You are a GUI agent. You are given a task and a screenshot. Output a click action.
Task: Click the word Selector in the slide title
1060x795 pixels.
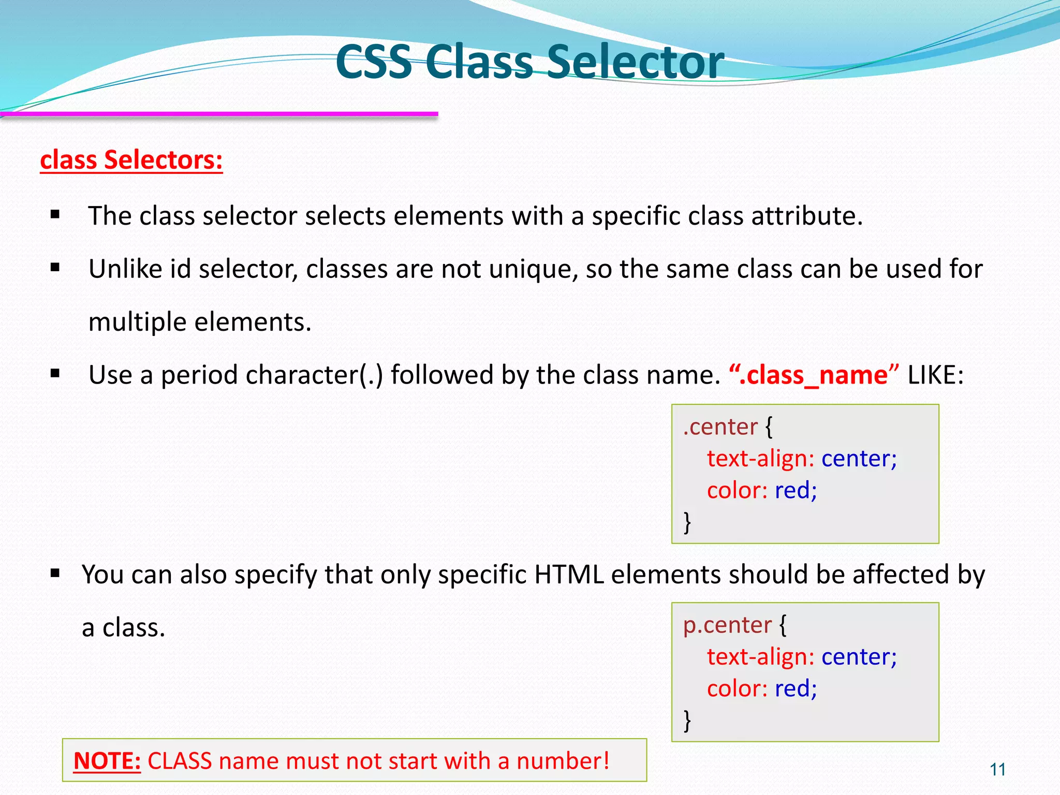click(635, 62)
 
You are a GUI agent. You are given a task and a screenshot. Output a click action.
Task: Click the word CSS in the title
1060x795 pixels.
click(374, 62)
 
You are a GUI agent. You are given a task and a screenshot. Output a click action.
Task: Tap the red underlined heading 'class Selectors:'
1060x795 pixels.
click(131, 160)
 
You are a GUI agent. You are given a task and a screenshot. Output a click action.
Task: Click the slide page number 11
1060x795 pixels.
click(997, 770)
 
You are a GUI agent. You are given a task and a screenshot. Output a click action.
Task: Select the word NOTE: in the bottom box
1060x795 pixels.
click(107, 761)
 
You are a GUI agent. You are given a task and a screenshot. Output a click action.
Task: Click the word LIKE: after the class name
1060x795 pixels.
click(936, 375)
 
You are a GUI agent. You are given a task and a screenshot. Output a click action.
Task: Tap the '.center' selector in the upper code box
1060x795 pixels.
click(720, 426)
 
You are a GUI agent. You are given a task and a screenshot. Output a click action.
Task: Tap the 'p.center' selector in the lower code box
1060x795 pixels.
click(727, 625)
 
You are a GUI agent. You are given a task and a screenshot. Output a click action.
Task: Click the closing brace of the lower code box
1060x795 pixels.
click(687, 720)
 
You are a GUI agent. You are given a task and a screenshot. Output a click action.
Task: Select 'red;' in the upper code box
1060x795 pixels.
click(796, 490)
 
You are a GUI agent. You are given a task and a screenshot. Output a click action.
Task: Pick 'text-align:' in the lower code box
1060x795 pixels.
click(760, 657)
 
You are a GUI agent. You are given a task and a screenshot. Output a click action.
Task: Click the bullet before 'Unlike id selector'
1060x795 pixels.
click(55, 268)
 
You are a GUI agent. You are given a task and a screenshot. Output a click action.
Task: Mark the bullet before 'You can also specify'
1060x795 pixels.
click(55, 573)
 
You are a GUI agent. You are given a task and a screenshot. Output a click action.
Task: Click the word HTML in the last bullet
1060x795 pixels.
click(569, 575)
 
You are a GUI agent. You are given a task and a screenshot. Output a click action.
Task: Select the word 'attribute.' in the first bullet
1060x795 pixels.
click(807, 216)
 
